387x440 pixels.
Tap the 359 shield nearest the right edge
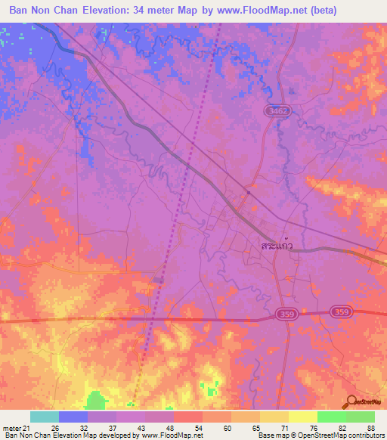[x=340, y=311]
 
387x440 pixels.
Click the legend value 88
[x=370, y=429]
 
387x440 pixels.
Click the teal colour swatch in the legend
[x=45, y=417]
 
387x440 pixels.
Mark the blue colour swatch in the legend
[x=73, y=417]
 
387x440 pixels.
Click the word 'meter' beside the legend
[x=11, y=429]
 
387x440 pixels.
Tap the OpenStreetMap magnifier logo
[x=351, y=402]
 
